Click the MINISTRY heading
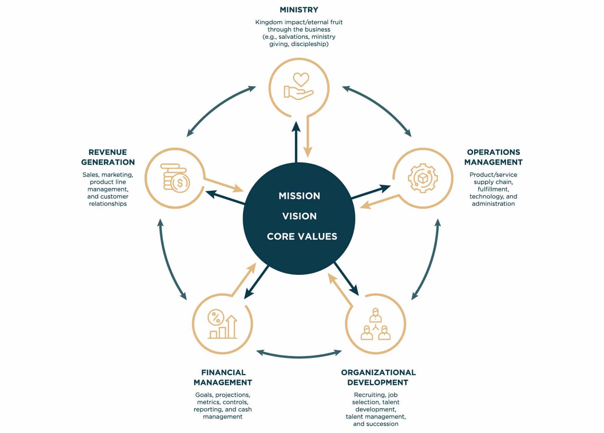point(299,10)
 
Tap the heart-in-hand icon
point(299,87)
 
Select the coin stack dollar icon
point(175,178)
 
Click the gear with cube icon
point(423,178)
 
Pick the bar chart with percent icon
point(222,324)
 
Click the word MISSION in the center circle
point(299,196)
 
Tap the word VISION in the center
point(299,216)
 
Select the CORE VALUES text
point(302,237)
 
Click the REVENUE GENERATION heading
point(108,157)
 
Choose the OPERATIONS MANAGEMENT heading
point(493,157)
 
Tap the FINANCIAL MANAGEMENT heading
point(223,377)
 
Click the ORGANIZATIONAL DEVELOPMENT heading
point(378,377)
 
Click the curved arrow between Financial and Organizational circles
point(299,355)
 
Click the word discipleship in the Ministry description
point(309,44)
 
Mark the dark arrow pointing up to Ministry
point(296,142)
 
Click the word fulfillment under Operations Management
point(493,189)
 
